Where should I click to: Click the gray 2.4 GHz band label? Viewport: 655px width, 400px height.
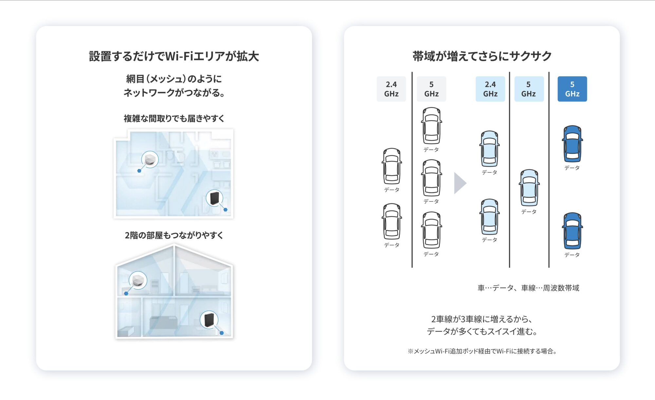391,89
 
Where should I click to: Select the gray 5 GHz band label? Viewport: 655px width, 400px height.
431,89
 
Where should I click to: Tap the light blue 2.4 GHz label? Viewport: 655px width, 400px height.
490,89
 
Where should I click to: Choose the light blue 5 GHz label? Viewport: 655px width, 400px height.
529,89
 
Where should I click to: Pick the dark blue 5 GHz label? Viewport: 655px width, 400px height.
572,89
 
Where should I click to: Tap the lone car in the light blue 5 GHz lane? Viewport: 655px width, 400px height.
529,188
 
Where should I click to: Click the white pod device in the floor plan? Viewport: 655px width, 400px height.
150,159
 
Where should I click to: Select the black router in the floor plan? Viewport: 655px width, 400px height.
215,198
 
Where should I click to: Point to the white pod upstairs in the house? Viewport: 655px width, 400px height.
138,280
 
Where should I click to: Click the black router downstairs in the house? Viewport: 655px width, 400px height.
209,319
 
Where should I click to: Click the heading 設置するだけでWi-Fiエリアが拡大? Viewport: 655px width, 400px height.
174,56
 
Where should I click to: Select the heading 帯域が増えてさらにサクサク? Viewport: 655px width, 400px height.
482,56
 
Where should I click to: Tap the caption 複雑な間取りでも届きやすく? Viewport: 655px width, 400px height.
174,118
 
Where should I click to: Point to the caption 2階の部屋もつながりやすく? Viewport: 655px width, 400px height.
174,235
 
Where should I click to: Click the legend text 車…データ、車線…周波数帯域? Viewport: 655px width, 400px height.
528,288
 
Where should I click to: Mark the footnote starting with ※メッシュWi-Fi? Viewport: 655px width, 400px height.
482,351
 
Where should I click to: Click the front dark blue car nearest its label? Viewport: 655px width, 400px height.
572,144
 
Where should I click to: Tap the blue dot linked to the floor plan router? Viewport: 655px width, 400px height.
225,209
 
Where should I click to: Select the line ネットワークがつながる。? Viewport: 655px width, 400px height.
174,93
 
